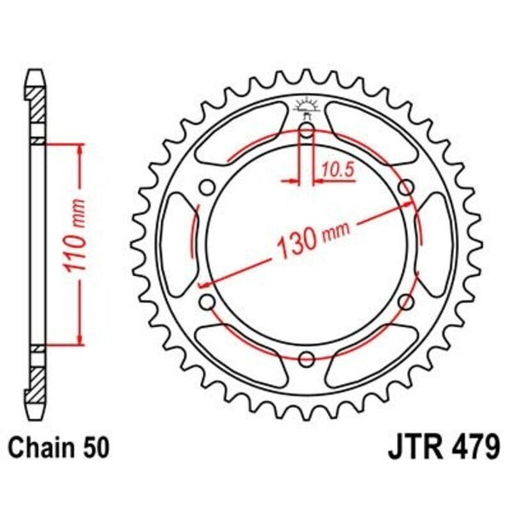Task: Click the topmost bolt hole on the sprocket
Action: pyautogui.click(x=306, y=130)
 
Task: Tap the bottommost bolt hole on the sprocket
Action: pyautogui.click(x=306, y=358)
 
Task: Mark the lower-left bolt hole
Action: pyautogui.click(x=206, y=301)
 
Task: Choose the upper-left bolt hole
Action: pyautogui.click(x=206, y=187)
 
